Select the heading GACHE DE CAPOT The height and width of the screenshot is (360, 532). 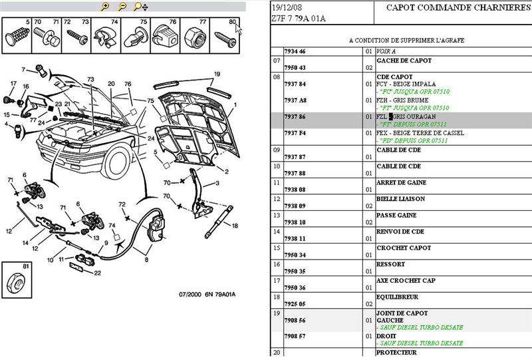403,60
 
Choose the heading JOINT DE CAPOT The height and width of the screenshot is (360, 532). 401,313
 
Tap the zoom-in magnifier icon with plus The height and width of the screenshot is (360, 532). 104,7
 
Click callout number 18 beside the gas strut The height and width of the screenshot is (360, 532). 235,226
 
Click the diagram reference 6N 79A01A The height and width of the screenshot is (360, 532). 221,295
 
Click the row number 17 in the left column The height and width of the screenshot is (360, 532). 276,280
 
